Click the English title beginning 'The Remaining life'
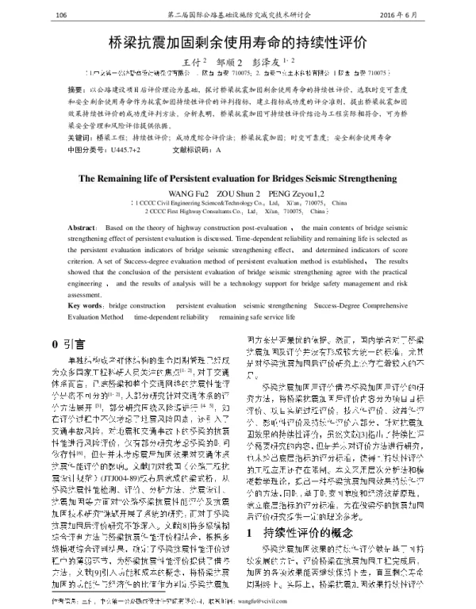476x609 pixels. click(238, 178)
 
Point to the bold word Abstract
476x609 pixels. click(83, 227)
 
